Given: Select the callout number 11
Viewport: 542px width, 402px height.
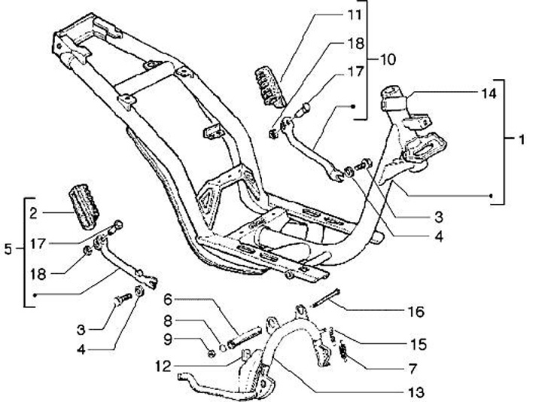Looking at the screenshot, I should pos(355,15).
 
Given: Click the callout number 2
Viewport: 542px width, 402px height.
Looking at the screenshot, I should pos(34,214).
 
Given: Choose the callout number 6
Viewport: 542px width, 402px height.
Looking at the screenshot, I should pos(169,299).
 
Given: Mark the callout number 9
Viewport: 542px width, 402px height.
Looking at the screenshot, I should pos(169,339).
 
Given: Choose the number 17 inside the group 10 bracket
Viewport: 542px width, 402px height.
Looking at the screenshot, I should pos(355,74).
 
